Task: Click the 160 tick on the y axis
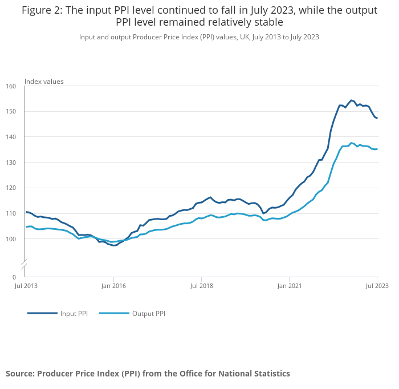11,87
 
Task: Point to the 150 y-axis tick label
11,112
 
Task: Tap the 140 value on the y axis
11,137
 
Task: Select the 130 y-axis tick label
11,163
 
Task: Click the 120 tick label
11,188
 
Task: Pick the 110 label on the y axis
11,213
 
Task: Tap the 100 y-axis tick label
11,239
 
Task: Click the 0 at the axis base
14,277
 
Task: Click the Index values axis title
44,82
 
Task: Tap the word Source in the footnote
20,374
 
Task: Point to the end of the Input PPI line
377,118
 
